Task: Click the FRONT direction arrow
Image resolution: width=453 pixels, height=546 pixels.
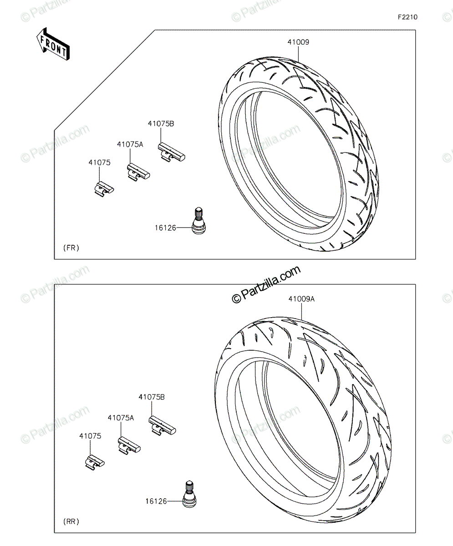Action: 53,45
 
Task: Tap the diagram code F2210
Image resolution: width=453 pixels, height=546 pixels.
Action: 408,17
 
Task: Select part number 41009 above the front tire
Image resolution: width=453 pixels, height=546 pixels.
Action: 298,42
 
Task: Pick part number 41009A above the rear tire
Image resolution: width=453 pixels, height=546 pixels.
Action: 301,299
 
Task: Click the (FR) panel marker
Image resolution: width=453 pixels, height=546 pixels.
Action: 71,248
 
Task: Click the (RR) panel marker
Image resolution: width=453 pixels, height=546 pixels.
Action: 71,521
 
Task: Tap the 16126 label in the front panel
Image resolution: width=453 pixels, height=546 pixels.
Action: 165,228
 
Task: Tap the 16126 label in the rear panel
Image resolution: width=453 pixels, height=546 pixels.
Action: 156,501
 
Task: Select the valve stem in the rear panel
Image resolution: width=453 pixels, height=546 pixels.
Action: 190,494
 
